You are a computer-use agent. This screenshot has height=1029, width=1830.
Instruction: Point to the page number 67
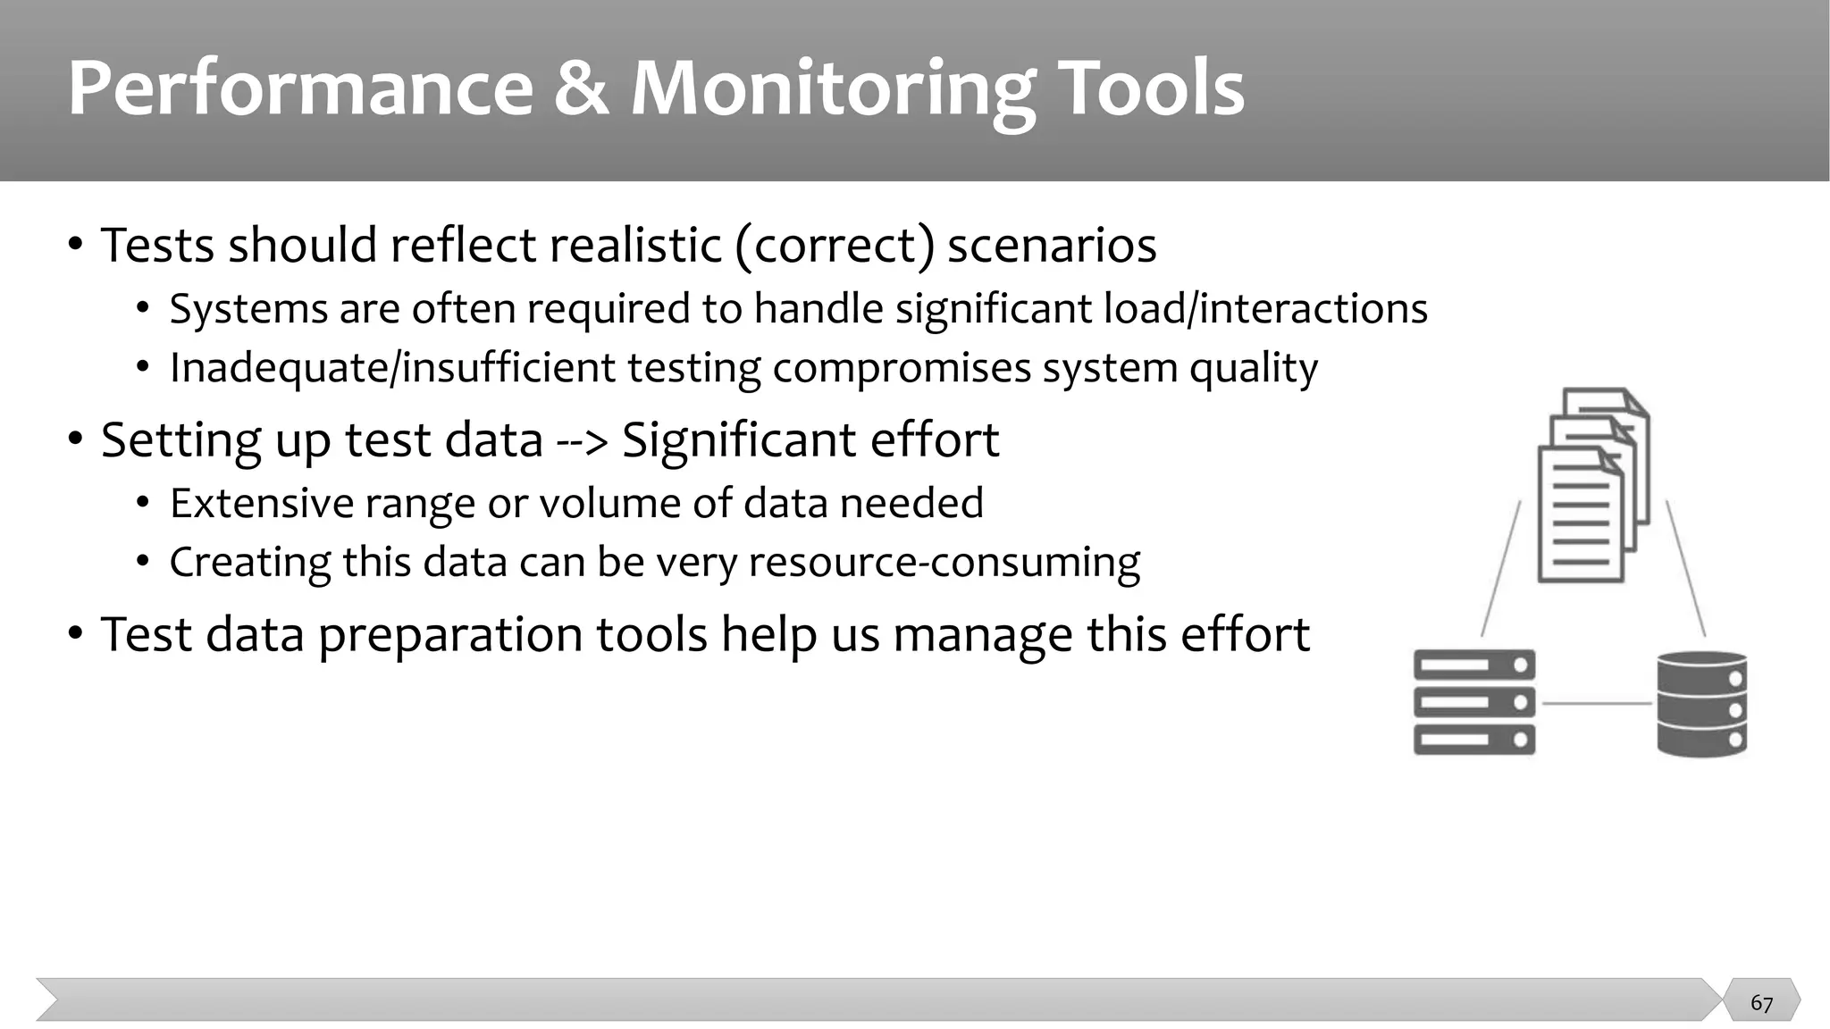tap(1761, 1003)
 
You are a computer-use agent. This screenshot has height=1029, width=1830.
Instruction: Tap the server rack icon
tap(1474, 702)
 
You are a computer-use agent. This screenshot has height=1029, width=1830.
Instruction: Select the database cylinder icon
tap(1701, 704)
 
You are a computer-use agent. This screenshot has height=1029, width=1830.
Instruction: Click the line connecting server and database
tap(1596, 704)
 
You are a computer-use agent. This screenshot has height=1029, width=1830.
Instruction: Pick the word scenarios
tap(1052, 245)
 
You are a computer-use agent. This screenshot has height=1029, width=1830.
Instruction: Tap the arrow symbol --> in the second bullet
tap(582, 439)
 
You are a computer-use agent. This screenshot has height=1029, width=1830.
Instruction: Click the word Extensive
tap(261, 503)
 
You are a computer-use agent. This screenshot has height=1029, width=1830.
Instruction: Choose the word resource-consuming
tap(944, 563)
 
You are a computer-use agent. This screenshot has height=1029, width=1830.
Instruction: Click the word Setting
tap(180, 440)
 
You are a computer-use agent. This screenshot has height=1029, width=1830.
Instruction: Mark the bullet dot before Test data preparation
tap(76, 634)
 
